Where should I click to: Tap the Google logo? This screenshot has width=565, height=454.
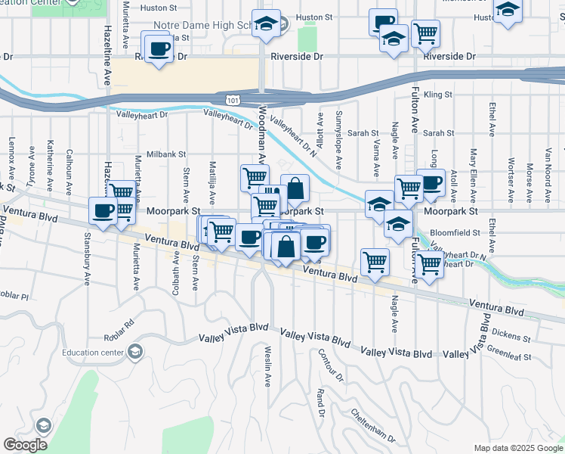[x=25, y=445]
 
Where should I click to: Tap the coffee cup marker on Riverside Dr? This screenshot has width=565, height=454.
[x=159, y=49]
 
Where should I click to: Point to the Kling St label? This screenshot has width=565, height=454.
[x=438, y=95]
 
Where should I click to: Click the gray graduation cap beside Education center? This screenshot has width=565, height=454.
[x=134, y=352]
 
